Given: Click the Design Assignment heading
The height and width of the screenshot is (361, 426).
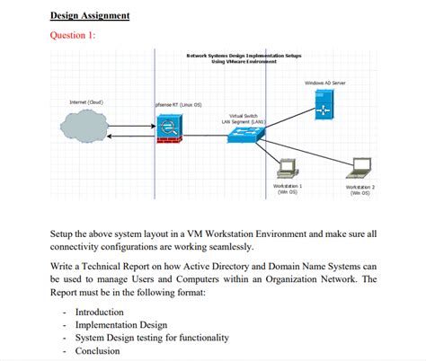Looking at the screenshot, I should click(x=90, y=16).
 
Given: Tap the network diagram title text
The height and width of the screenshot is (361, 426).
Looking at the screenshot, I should click(x=243, y=58).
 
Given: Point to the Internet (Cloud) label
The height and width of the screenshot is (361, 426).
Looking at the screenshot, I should click(x=86, y=102).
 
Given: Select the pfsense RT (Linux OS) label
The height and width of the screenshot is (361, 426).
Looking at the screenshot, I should click(x=179, y=104).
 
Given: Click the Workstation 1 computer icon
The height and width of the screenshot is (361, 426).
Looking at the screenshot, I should click(x=288, y=168).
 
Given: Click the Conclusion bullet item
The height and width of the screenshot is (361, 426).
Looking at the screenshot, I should click(x=97, y=351).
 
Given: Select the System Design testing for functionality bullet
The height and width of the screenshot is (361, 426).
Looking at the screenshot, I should click(x=151, y=338).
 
